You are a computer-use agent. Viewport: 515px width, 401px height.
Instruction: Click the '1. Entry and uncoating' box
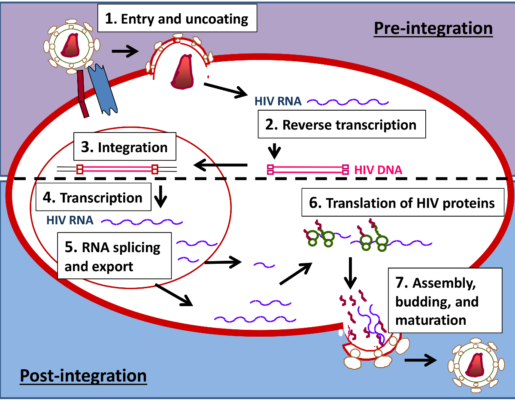point(177,18)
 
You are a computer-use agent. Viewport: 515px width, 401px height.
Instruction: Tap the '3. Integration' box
point(124,148)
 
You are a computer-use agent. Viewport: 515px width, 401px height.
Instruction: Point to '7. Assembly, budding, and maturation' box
point(444,301)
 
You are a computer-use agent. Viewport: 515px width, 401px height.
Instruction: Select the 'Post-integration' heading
point(83,376)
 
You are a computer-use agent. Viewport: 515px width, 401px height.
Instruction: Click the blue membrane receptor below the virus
point(101,90)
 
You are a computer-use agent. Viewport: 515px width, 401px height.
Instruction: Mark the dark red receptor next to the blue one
point(83,94)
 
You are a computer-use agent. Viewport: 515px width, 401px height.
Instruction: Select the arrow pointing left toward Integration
point(221,164)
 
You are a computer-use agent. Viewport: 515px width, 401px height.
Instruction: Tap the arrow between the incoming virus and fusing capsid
point(125,51)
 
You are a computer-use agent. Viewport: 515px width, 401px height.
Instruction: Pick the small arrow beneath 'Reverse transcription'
point(274,150)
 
